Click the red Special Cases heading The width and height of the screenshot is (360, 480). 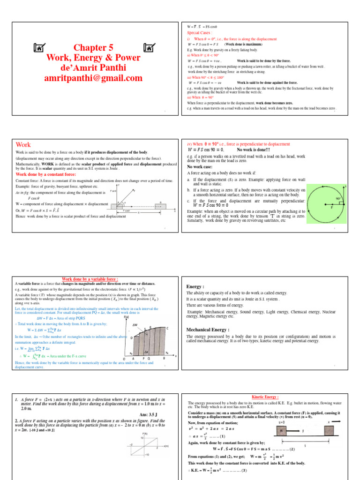tap(200, 33)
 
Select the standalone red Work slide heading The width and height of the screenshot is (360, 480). tap(23, 145)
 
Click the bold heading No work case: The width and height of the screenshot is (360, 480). tap(202, 166)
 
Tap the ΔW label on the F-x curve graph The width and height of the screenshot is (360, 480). tap(135, 324)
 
